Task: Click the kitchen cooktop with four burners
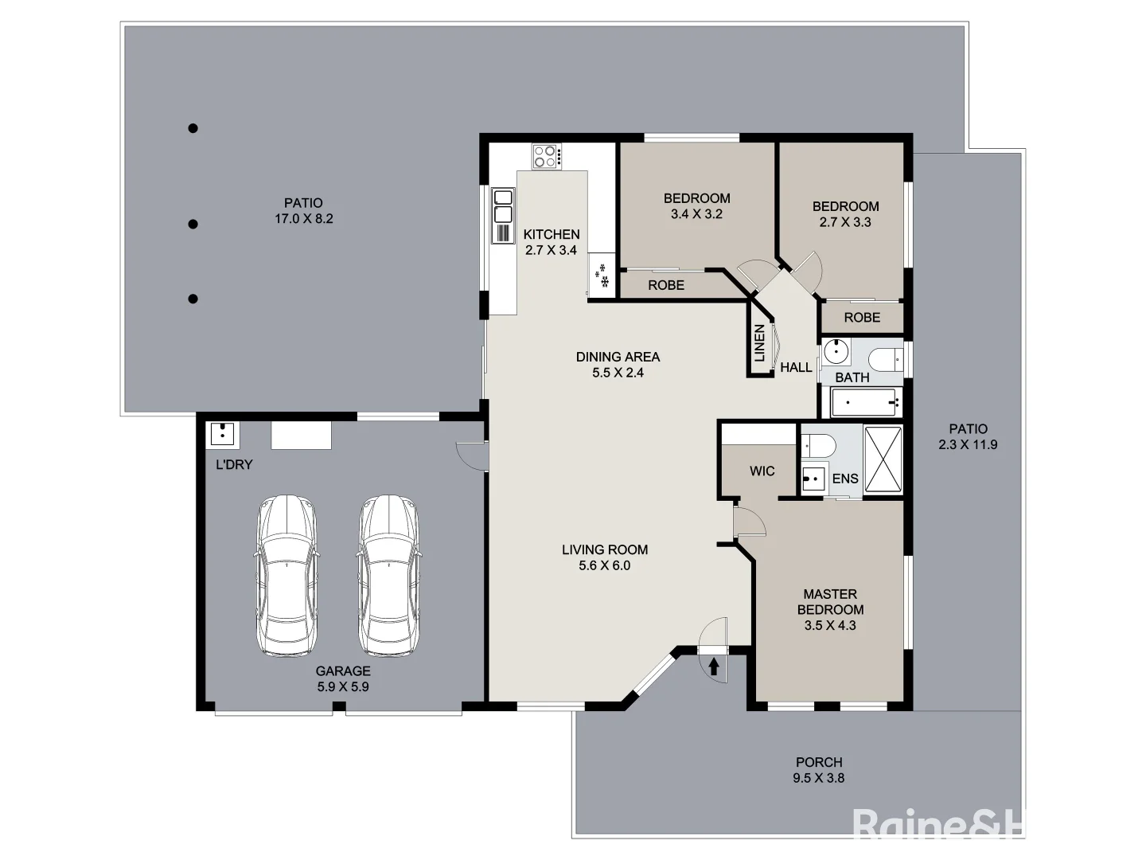click(548, 156)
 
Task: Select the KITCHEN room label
click(552, 234)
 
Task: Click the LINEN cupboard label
click(760, 343)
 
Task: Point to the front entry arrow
click(714, 666)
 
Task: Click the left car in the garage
click(286, 576)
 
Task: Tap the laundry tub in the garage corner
click(223, 435)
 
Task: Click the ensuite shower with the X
click(883, 459)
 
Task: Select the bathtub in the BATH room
click(867, 403)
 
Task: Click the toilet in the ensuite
click(818, 445)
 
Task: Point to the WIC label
click(762, 471)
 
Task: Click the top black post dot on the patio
click(193, 128)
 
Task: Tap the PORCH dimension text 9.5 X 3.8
click(819, 777)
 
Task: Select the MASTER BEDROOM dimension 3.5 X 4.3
click(830, 625)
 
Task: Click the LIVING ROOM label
click(605, 549)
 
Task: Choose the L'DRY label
click(234, 464)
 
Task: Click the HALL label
click(796, 368)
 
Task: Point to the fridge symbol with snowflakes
click(602, 276)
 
